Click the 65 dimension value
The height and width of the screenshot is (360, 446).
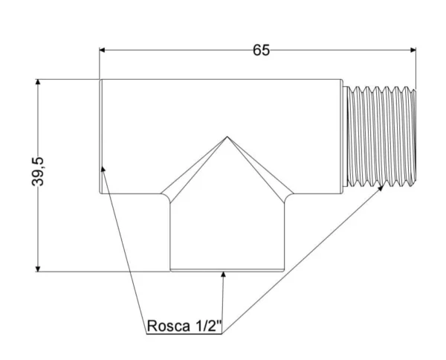(261, 50)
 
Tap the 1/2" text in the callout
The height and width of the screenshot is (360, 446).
(204, 326)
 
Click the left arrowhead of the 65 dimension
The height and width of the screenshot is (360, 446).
(105, 51)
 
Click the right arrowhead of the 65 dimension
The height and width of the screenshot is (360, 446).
(411, 51)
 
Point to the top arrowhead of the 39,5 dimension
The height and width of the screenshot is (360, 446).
(38, 83)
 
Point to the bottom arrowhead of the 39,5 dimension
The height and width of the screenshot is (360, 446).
(38, 267)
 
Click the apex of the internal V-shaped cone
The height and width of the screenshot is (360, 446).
(227, 137)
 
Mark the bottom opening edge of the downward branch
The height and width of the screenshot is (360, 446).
(227, 271)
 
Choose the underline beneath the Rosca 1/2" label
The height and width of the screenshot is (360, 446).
(184, 335)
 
